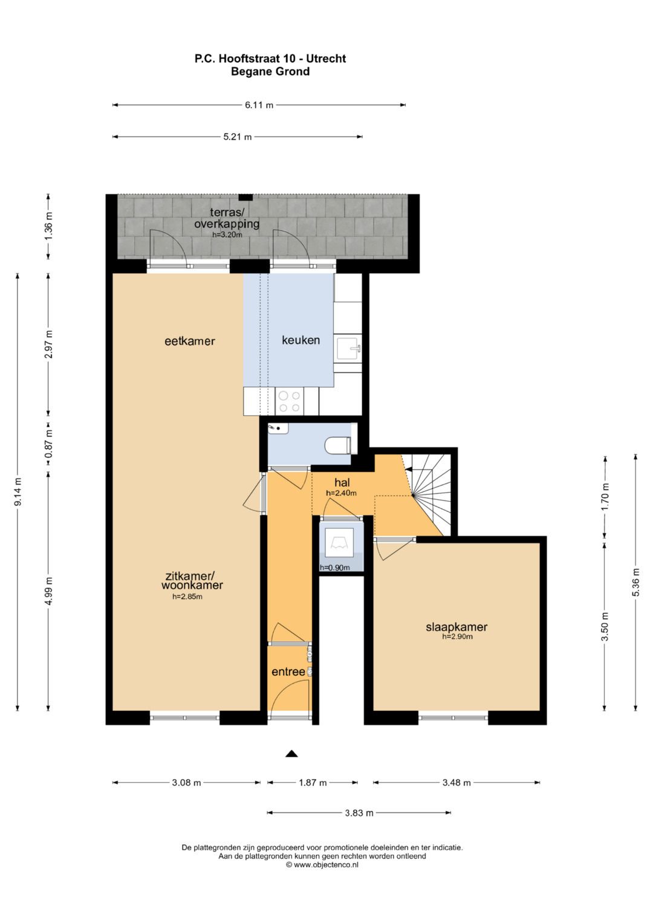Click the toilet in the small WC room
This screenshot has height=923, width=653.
pos(337,445)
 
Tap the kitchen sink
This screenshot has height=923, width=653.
pos(348,349)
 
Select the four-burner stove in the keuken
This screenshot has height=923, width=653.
pos(289,401)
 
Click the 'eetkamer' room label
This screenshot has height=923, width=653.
pos(190,341)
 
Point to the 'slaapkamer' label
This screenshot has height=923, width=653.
pos(456,627)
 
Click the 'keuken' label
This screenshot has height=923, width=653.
pos(301,340)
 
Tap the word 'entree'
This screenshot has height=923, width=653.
pos(288,672)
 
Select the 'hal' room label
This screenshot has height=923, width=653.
pos(342,482)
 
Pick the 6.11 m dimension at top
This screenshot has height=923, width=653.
pos(259,105)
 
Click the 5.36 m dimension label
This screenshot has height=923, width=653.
pos(635,582)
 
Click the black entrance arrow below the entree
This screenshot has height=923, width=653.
pos(292,753)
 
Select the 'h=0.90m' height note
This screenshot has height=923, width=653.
pos(335,568)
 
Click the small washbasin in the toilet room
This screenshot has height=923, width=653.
pos(278,429)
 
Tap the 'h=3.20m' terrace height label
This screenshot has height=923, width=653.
pos(227,235)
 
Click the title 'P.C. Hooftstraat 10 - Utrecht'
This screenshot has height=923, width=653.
pos(270,59)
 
